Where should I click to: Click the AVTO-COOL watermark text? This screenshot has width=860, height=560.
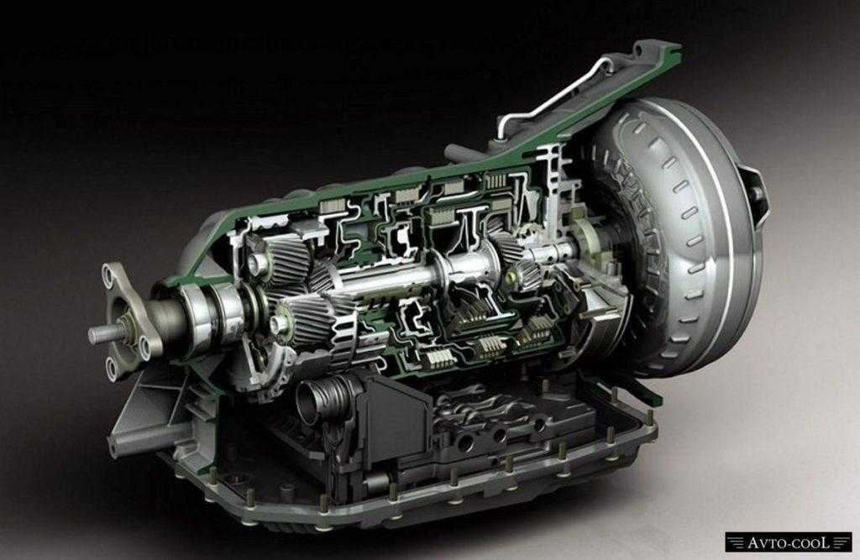[788, 543]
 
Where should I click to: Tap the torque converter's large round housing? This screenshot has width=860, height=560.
[680, 236]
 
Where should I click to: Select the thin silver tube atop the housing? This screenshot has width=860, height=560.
[559, 92]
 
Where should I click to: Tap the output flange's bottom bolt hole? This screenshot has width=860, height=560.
[112, 366]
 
